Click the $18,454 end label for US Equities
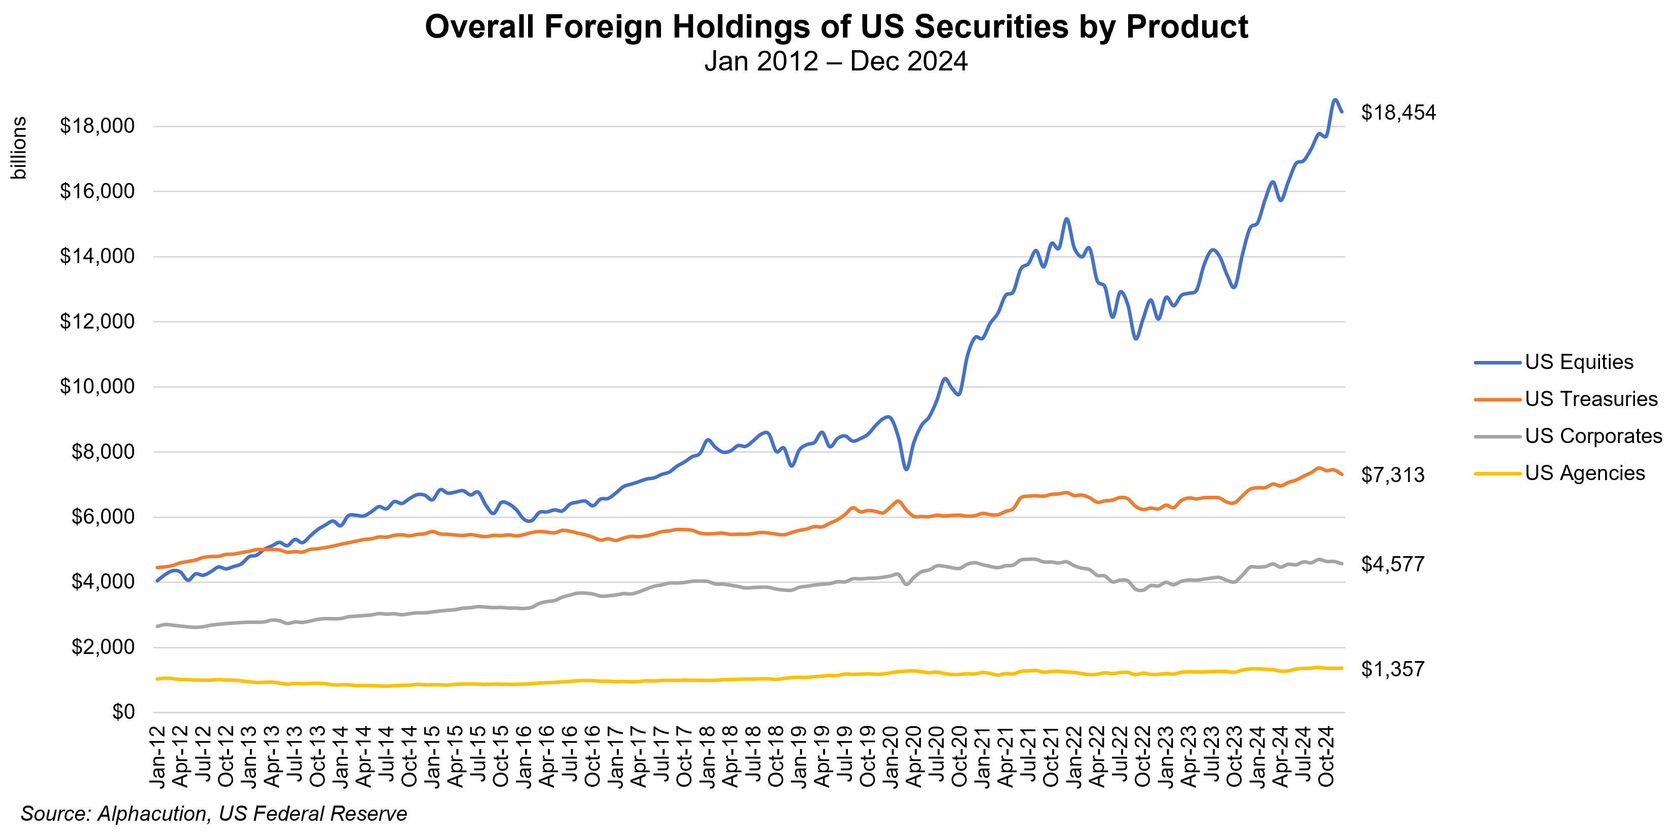coord(1398,113)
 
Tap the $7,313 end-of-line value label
coord(1393,475)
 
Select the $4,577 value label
coord(1393,564)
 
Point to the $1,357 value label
coord(1393,669)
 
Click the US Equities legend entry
coord(1579,362)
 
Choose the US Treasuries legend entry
coord(1591,398)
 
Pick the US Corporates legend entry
coord(1593,435)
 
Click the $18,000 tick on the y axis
coord(97,126)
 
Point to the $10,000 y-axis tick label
coord(97,387)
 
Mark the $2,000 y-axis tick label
coord(103,647)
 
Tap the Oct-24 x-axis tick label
coord(1326,758)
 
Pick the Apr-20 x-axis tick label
coord(914,758)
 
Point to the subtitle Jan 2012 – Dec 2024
coord(836,61)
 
